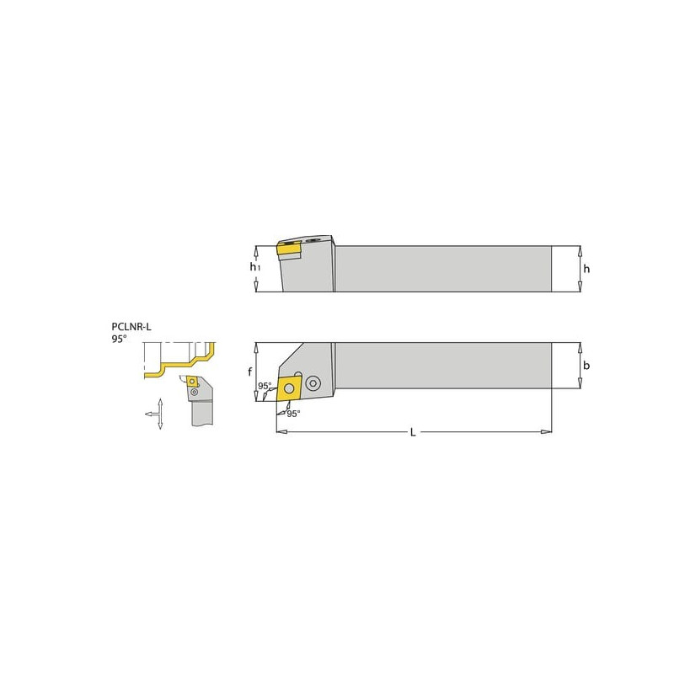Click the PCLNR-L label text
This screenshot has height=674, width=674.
point(131,327)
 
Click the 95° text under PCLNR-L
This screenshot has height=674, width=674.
point(119,340)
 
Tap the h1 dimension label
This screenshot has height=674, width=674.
point(255,267)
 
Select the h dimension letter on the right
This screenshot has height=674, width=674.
point(586,269)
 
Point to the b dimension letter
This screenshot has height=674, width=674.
point(586,366)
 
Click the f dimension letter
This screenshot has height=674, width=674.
point(249,372)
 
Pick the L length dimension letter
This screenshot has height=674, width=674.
point(413,432)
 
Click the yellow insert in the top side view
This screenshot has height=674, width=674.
point(289,249)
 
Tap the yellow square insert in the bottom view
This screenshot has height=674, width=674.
point(289,388)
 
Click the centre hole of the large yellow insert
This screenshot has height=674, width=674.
point(289,388)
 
